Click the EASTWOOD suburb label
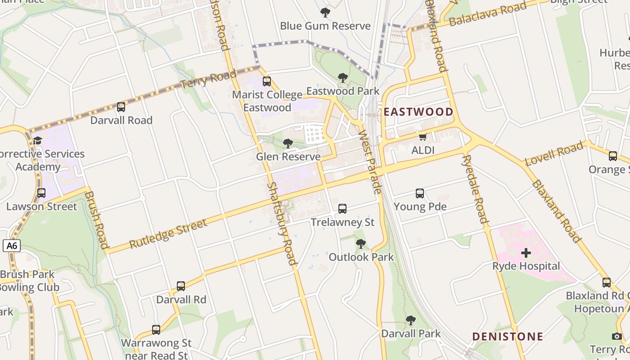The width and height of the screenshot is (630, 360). tap(418, 112)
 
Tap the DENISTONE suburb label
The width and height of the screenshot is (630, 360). tap(508, 336)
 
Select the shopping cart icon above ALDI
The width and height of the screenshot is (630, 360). tap(423, 137)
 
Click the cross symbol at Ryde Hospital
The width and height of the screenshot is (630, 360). tap(526, 253)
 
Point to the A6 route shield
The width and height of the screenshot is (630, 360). tap(12, 246)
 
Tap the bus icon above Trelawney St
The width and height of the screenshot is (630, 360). tap(342, 209)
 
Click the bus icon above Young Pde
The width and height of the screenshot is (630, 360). tap(420, 193)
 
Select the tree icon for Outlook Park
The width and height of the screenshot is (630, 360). tap(360, 244)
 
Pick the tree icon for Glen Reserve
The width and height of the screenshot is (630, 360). tap(288, 144)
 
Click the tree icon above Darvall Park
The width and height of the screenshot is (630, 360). tap(410, 320)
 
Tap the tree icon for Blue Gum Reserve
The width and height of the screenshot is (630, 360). tap(325, 13)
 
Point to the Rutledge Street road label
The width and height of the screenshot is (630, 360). tap(168, 233)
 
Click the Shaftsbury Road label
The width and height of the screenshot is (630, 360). tap(282, 223)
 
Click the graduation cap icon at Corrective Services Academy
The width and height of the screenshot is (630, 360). tap(38, 140)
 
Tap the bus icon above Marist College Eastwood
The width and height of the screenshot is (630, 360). tap(267, 81)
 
